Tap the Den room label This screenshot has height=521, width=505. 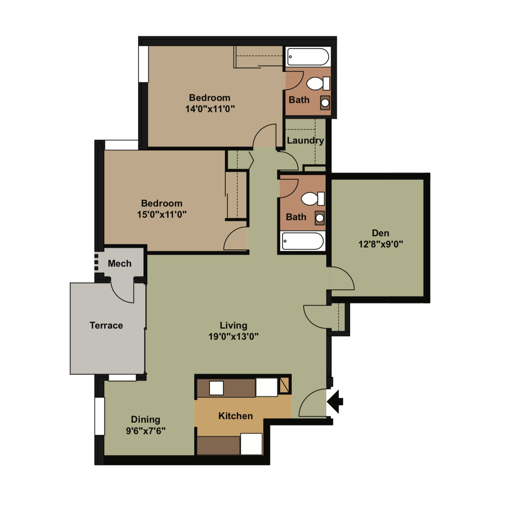[x=380, y=233]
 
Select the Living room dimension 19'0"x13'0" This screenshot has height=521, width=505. [x=233, y=336]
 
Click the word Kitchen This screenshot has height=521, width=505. [x=235, y=416]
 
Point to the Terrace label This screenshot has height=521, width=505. [x=106, y=326]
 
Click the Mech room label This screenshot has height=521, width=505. [x=120, y=264]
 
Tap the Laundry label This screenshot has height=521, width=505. [x=305, y=141]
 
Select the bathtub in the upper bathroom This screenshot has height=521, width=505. [x=308, y=57]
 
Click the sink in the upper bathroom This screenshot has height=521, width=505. [x=325, y=103]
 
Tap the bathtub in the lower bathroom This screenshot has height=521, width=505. [x=303, y=241]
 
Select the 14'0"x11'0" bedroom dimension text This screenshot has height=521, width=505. [x=210, y=109]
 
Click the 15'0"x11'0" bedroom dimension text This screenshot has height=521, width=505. [x=162, y=214]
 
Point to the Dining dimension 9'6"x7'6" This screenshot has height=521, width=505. [x=145, y=431]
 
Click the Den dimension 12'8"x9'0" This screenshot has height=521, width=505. [x=380, y=244]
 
